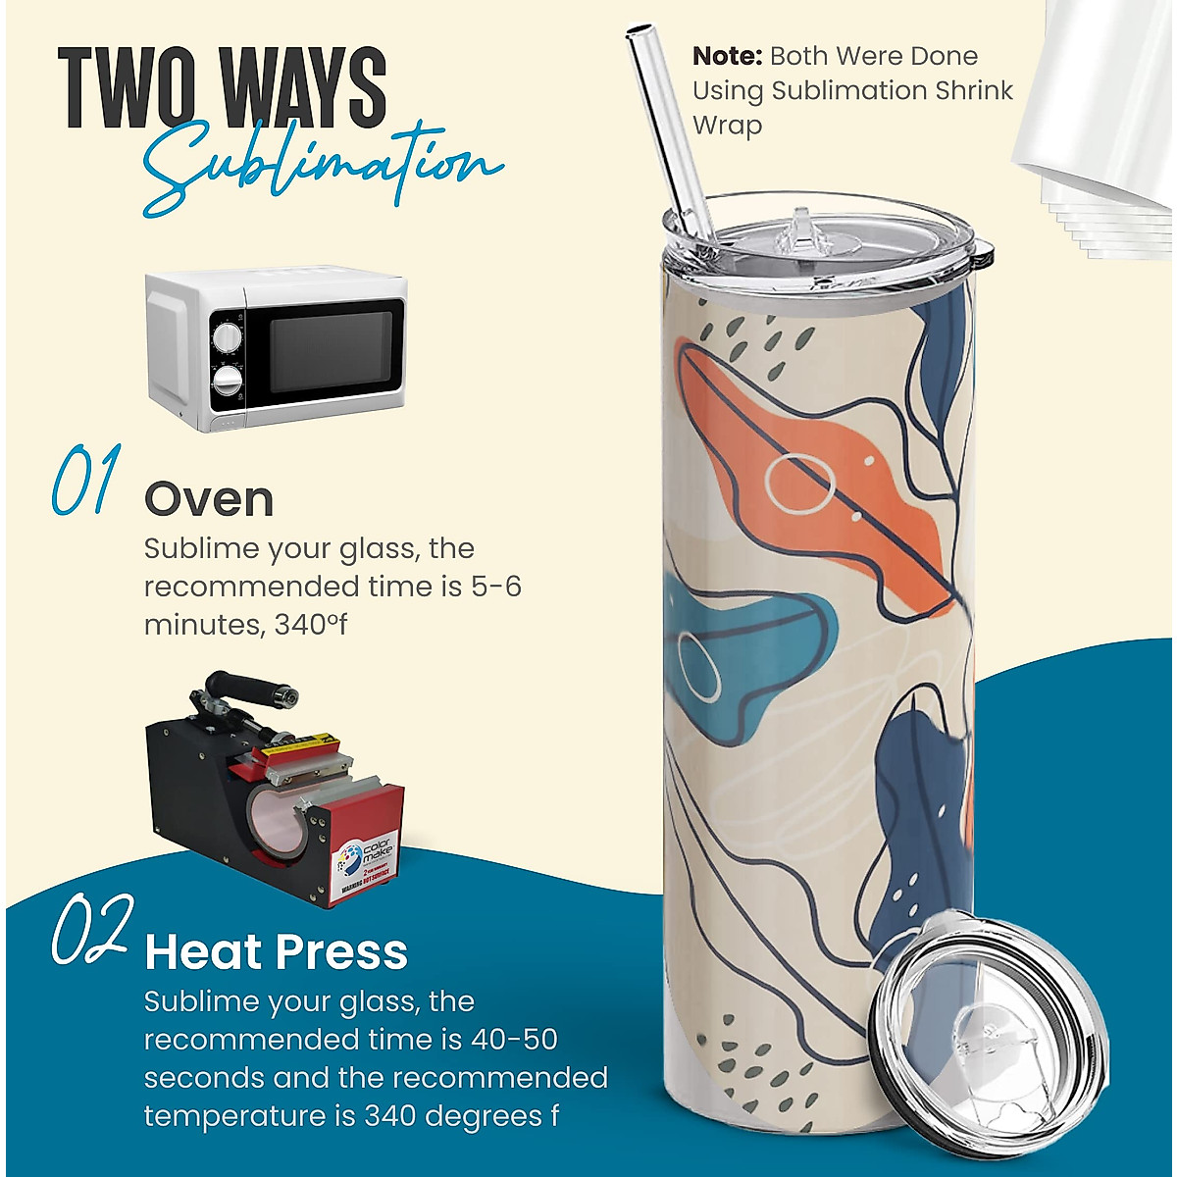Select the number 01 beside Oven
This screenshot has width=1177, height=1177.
click(x=86, y=481)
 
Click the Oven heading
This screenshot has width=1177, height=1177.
click(x=209, y=500)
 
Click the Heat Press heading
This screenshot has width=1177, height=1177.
click(x=276, y=952)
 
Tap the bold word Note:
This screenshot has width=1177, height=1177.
click(x=727, y=56)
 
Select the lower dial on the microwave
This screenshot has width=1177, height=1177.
click(x=227, y=381)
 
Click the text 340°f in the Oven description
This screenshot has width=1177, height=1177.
click(x=310, y=625)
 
